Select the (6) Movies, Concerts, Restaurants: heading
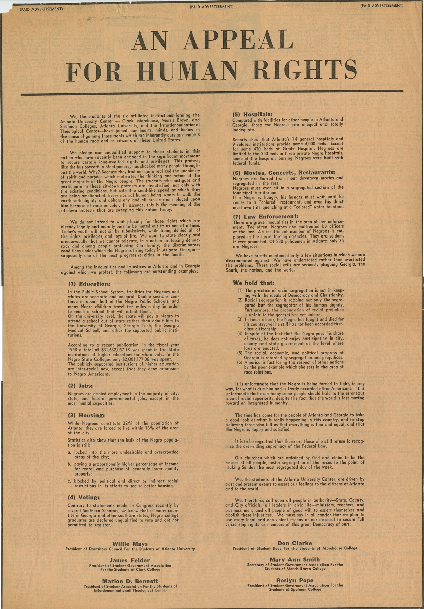click(283, 172)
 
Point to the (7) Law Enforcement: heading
click(265, 216)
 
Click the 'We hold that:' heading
click(253, 282)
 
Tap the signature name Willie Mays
click(129, 544)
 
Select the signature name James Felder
click(129, 560)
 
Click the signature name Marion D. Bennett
click(130, 581)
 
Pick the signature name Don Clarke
click(295, 543)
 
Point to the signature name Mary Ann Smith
click(295, 560)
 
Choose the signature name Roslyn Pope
click(295, 580)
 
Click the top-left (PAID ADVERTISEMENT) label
click(41, 9)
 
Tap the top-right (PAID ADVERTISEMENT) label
click(381, 6)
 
